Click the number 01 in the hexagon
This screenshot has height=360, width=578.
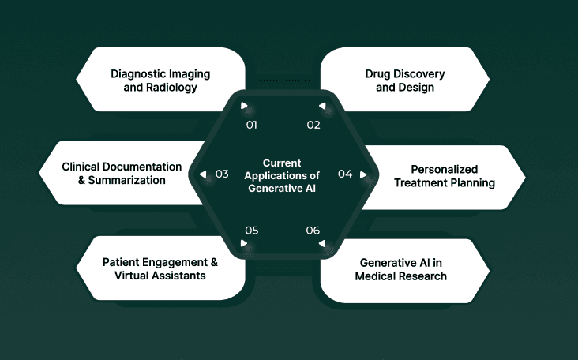point(252,125)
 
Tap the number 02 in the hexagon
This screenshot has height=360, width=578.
point(313,125)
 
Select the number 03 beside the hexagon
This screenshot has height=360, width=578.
point(222,174)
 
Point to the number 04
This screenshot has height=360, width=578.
point(345,174)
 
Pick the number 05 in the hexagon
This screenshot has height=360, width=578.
point(252,231)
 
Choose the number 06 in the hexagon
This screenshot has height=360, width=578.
point(313,231)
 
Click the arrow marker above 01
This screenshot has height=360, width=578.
point(245,106)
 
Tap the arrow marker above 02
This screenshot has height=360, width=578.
point(321,106)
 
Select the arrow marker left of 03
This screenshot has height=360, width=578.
point(204,174)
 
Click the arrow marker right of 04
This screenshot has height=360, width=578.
point(363,174)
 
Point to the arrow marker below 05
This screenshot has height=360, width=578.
point(245,244)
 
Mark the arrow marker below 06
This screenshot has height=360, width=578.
point(321,244)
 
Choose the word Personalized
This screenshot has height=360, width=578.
point(445,169)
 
